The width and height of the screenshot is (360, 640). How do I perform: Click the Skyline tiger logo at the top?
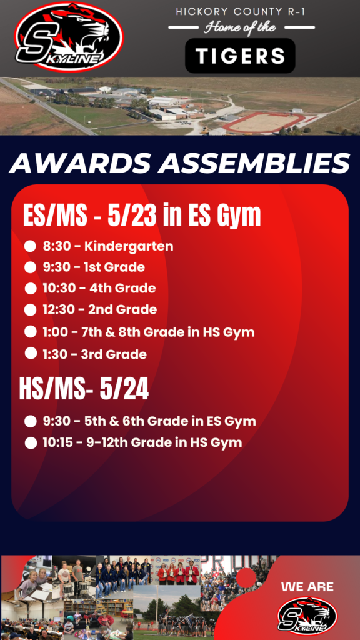69,37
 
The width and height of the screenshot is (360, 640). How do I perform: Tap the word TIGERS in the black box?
240,56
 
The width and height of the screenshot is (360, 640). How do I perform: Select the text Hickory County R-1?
241,12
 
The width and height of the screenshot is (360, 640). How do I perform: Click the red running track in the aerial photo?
265,122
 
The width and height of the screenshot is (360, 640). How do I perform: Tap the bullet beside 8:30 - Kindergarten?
30,246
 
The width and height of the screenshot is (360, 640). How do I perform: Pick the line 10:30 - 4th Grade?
99,289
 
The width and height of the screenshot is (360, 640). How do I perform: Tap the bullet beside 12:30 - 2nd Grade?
30,310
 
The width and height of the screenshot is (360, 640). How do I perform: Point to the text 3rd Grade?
114,354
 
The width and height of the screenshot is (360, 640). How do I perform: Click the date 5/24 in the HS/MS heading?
124,390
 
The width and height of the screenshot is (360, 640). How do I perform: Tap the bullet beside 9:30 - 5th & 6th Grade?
30,422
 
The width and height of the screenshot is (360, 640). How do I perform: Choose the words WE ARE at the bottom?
307,587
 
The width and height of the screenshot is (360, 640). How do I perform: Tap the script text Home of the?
241,27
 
